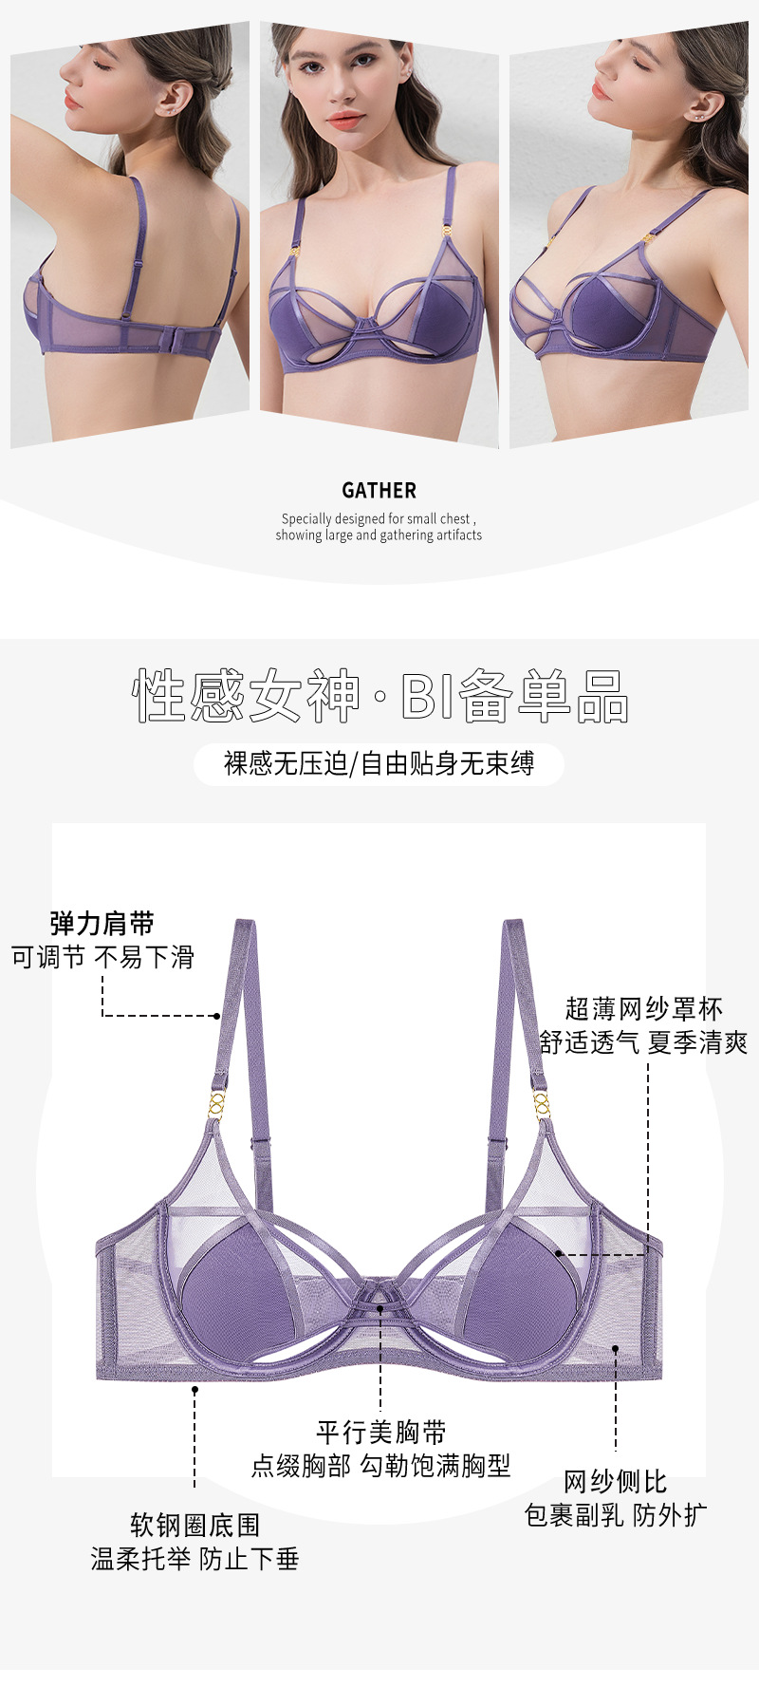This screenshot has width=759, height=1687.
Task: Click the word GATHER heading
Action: click(379, 491)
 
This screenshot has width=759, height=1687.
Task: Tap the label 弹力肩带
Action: click(102, 924)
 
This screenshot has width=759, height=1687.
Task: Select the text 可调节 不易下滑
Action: click(102, 957)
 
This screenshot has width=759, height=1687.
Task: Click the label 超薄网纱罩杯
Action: click(643, 1008)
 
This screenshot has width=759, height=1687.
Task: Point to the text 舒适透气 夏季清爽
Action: click(643, 1042)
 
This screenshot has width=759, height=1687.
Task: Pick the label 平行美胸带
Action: click(380, 1433)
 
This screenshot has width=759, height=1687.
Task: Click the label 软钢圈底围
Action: click(194, 1526)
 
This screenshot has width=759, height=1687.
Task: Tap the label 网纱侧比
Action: click(615, 1482)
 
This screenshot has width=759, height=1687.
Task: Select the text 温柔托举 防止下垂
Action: click(194, 1559)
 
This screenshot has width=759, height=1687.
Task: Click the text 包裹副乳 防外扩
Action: click(615, 1515)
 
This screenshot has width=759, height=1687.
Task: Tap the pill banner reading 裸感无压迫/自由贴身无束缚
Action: click(379, 764)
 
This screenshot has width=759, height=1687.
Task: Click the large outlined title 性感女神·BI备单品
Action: click(379, 696)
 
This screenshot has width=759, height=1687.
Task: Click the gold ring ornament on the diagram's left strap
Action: click(217, 1104)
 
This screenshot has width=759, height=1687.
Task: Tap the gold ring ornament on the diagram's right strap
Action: click(541, 1104)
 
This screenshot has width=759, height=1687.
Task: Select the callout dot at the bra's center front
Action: click(379, 1308)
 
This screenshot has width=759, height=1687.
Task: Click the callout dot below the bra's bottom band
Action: click(194, 1390)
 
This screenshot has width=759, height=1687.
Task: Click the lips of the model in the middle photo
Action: click(344, 121)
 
